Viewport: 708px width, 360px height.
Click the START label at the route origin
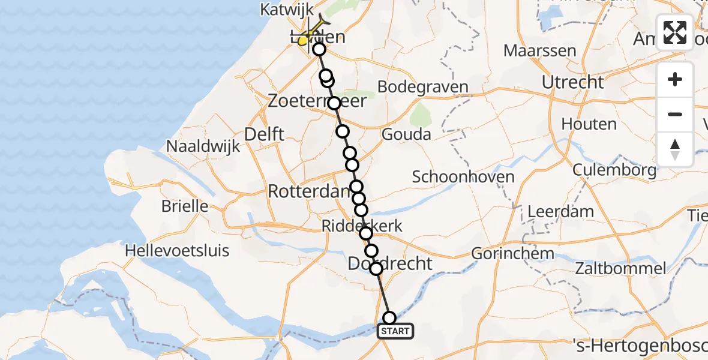(x=395, y=331)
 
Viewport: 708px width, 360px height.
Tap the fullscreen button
(x=675, y=32)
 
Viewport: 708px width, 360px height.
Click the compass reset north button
(x=675, y=149)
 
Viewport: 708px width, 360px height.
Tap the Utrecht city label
(x=572, y=82)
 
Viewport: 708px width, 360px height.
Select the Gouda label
(x=406, y=134)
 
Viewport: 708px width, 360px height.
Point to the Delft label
(x=265, y=134)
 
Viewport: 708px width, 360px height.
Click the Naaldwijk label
(x=203, y=146)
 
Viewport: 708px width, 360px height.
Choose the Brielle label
(x=185, y=206)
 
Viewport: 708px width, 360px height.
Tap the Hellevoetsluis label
(x=177, y=250)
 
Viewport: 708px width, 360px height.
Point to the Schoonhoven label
(x=463, y=177)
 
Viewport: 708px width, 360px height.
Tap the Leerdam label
(x=561, y=211)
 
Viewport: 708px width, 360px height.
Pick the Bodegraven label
(x=424, y=87)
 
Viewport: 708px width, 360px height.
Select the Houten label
(x=589, y=124)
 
